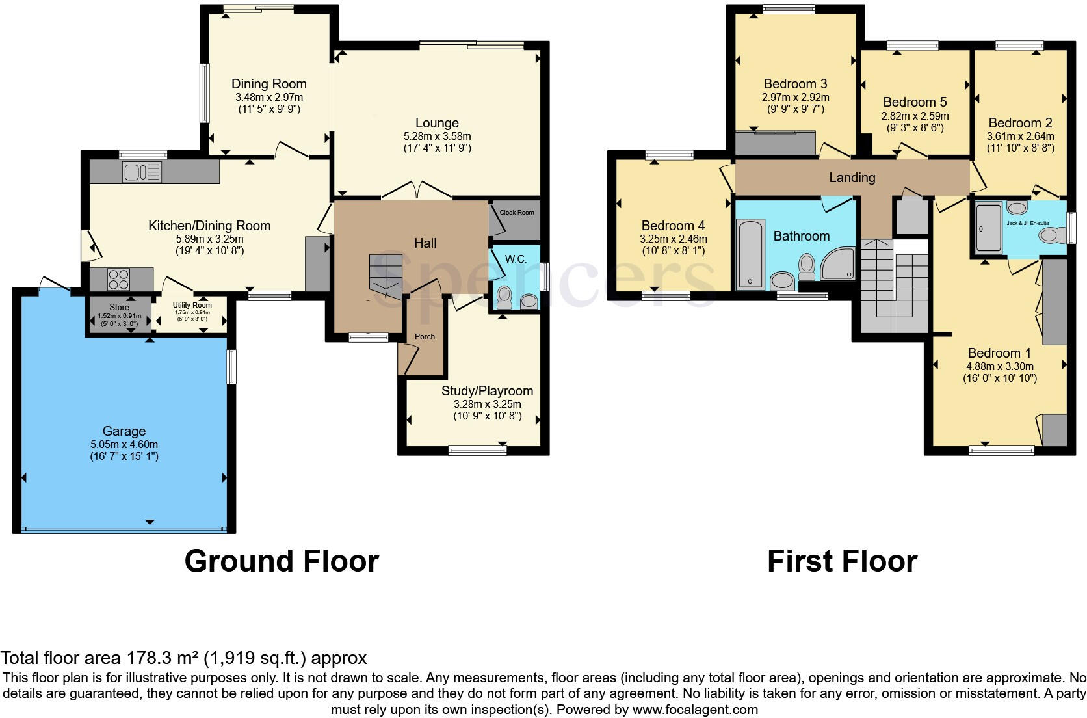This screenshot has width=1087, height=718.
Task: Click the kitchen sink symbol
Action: tap(142, 172)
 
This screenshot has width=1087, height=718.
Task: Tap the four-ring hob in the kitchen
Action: tap(118, 280)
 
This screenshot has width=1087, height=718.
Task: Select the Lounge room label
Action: tap(437, 123)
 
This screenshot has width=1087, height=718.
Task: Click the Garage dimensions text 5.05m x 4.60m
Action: tap(124, 444)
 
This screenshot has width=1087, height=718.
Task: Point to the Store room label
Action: tap(119, 307)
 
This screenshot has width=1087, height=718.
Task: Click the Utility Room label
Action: tap(192, 305)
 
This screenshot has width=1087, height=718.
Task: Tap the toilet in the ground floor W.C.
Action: tap(503, 298)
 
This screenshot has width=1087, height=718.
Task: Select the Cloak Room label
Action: tap(517, 212)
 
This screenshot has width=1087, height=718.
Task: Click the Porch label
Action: tap(425, 336)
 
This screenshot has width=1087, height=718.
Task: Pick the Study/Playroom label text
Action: tap(487, 391)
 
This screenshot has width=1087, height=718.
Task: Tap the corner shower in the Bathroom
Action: tap(837, 265)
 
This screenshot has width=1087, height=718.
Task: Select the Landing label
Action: tap(852, 178)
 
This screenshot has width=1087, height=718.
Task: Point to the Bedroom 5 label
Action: tap(915, 102)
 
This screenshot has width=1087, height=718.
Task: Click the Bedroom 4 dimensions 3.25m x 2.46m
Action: tap(673, 239)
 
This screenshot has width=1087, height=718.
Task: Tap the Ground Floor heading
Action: tap(282, 561)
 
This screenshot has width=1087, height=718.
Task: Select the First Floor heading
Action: tap(842, 561)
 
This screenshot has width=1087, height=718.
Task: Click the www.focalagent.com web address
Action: tap(695, 709)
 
